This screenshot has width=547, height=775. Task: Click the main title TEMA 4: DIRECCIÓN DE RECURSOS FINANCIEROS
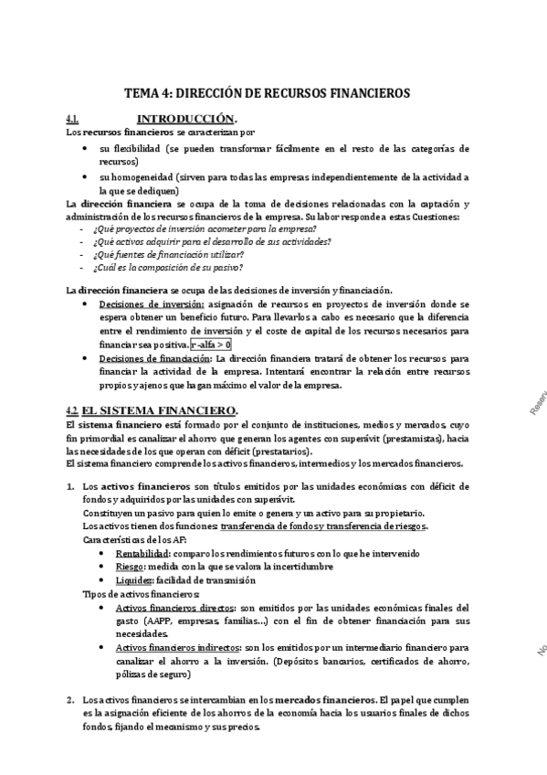pyautogui.click(x=268, y=93)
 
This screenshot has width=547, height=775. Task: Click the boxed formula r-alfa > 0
pyautogui.click(x=211, y=344)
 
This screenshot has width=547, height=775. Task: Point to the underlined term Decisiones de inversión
pyautogui.click(x=152, y=303)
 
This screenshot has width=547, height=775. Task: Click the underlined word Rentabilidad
pyautogui.click(x=142, y=553)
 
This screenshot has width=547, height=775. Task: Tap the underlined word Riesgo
pyautogui.click(x=131, y=567)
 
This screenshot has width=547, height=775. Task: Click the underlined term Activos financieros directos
pyautogui.click(x=174, y=608)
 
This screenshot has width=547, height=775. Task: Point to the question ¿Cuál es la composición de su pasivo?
pyautogui.click(x=167, y=268)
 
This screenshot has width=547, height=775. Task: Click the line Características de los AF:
pyautogui.click(x=135, y=539)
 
